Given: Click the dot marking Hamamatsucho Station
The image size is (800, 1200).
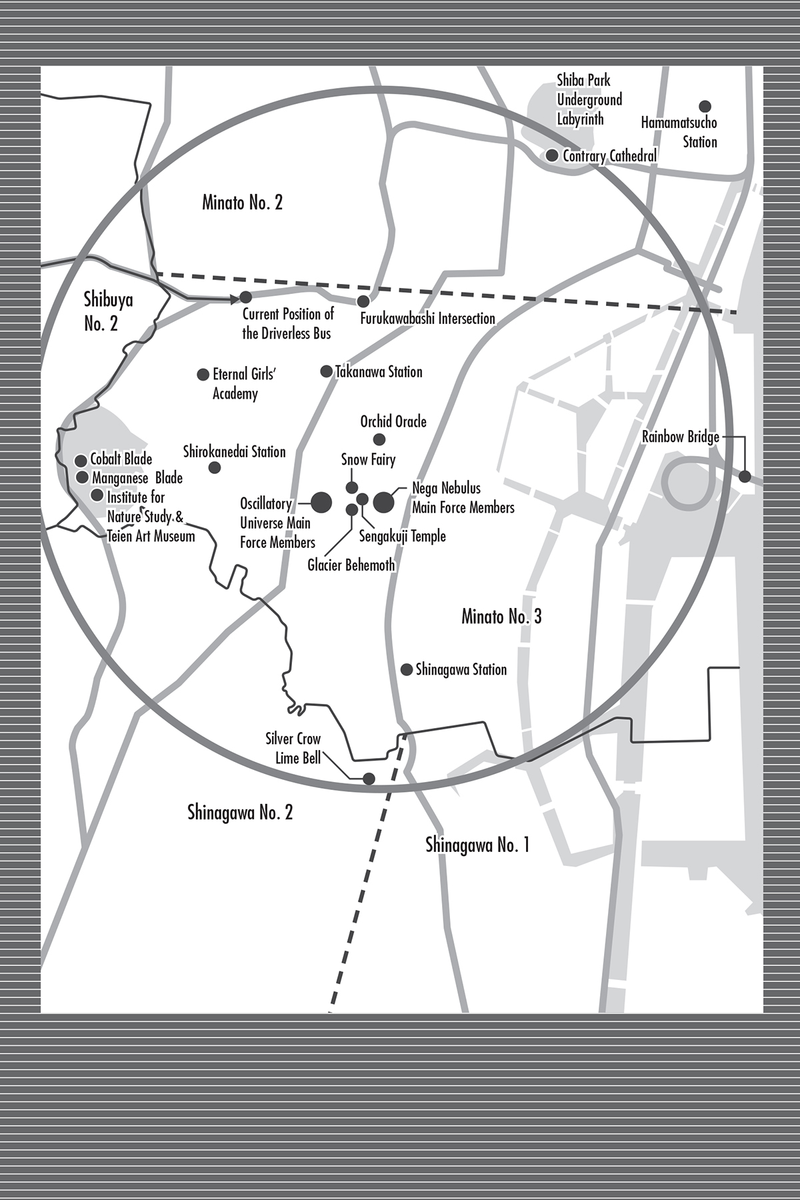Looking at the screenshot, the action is pyautogui.click(x=705, y=106).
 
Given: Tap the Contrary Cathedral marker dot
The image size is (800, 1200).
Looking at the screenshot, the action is pyautogui.click(x=552, y=155).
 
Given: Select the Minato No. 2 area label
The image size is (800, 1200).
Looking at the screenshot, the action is pyautogui.click(x=242, y=203).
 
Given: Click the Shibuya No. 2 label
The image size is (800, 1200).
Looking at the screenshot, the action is pyautogui.click(x=108, y=311).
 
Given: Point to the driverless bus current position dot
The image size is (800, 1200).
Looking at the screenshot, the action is pyautogui.click(x=245, y=297).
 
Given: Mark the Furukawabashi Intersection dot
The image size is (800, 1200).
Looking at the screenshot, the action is pyautogui.click(x=363, y=302).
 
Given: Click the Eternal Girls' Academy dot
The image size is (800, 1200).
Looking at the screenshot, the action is pyautogui.click(x=203, y=375).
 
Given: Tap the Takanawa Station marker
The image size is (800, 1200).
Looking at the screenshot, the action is pyautogui.click(x=326, y=371).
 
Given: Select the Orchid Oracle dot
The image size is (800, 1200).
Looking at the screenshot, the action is pyautogui.click(x=379, y=439).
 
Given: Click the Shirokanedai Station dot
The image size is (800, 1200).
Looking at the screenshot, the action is pyautogui.click(x=215, y=467).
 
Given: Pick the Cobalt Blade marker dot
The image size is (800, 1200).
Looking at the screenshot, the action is pyautogui.click(x=81, y=460).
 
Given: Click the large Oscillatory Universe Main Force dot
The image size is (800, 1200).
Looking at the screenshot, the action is pyautogui.click(x=321, y=502).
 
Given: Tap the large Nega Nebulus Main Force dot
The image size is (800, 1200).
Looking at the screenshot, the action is pyautogui.click(x=383, y=502).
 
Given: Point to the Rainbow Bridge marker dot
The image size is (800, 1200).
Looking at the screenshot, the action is pyautogui.click(x=745, y=476).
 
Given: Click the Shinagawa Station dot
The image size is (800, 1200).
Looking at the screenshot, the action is pyautogui.click(x=406, y=669).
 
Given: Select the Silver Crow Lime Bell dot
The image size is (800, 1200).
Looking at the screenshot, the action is pyautogui.click(x=368, y=778).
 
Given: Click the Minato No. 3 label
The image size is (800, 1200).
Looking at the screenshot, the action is pyautogui.click(x=501, y=617).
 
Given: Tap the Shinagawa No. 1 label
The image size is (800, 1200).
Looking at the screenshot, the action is pyautogui.click(x=477, y=845).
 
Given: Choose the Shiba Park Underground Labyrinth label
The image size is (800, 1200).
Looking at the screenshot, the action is pyautogui.click(x=589, y=100).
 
